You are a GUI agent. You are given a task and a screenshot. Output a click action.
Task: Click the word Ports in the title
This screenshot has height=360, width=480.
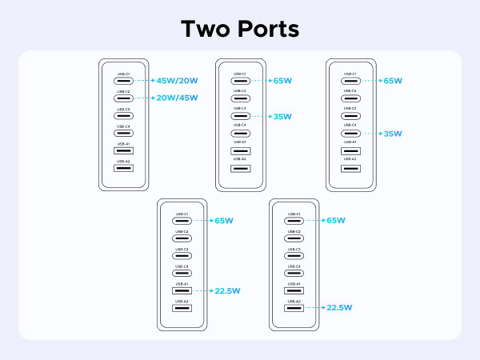266,29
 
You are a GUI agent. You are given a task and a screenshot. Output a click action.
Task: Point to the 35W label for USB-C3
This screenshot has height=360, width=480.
282,116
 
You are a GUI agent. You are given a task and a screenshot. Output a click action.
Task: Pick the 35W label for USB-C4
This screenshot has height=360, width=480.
392,134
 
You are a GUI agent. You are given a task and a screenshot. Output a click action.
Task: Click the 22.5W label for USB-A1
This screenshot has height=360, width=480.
229,290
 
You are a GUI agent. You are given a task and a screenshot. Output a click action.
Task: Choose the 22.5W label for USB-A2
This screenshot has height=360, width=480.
340,307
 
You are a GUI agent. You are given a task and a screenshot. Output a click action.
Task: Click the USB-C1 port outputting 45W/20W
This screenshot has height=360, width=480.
123,81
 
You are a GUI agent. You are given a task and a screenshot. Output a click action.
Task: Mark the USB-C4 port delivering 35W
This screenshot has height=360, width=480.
350,134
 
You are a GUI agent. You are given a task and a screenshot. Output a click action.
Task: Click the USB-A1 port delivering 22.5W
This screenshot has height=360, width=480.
182,290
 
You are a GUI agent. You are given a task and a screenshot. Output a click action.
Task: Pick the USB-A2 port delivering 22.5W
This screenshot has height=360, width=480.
293,307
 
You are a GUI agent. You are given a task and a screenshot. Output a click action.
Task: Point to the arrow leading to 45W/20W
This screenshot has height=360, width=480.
144,81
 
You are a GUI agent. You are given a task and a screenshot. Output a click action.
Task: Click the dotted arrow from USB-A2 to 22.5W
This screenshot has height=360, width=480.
314,307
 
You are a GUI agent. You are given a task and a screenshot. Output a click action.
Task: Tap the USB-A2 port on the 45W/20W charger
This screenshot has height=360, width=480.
123,168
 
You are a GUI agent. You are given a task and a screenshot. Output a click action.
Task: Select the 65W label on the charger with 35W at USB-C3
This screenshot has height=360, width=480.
282,81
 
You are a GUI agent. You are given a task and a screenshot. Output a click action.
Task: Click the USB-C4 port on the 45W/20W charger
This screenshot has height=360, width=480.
123,133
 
